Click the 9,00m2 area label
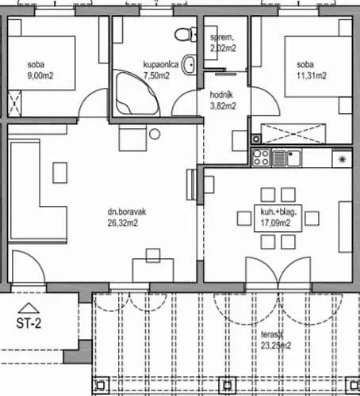(x=39, y=76)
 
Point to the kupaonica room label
(x=159, y=64)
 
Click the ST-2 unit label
(x=29, y=323)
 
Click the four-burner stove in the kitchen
(x=261, y=158)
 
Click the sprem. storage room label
(x=221, y=39)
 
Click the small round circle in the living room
(x=155, y=134)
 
